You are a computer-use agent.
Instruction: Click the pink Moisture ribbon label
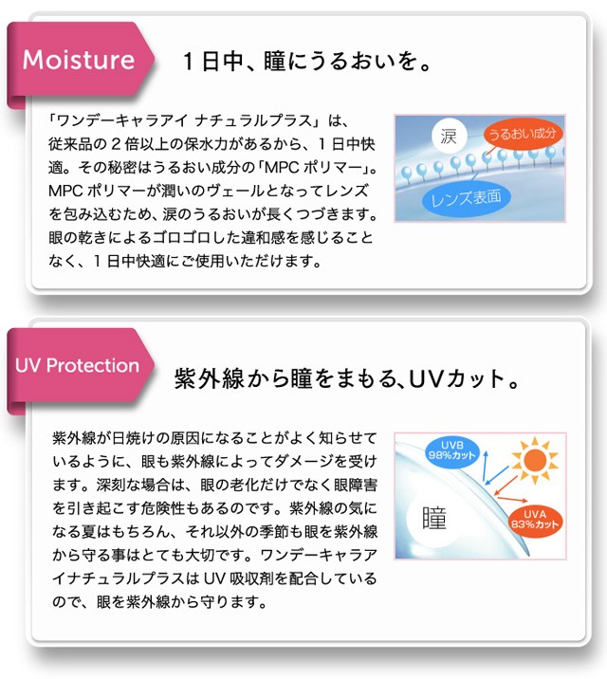(80, 60)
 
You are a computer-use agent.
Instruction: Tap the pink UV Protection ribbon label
(80, 366)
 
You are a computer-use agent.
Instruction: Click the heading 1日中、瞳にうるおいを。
(306, 61)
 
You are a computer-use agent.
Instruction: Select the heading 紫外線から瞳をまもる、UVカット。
(346, 378)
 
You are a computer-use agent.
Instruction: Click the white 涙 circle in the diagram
(449, 136)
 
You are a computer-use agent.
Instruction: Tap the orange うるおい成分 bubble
(523, 134)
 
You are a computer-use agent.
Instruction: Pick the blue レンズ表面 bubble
(466, 198)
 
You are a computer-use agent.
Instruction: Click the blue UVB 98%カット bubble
(452, 450)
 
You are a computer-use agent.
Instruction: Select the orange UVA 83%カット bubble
(534, 520)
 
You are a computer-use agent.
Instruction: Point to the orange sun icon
(535, 460)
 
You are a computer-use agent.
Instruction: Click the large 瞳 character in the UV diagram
(433, 518)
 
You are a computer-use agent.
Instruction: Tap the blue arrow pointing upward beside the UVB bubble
(486, 467)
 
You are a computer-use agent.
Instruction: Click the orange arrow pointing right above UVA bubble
(512, 499)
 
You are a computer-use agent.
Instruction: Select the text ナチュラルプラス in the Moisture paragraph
(254, 120)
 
